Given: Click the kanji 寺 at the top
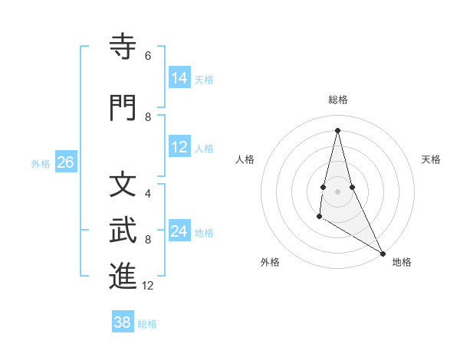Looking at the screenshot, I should pos(123,47).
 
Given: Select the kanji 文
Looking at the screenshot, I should pos(123,184).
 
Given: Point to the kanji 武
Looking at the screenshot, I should pos(123,230).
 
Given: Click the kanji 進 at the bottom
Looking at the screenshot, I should pos(123,277).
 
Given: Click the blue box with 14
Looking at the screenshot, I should pos(179,78).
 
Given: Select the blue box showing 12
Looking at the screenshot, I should pos(179,147).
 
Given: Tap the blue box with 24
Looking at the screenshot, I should pos(179,231).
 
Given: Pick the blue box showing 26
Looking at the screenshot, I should pos(65,162).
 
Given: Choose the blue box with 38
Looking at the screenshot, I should pos(123,322).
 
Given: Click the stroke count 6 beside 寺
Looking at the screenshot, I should pos(148,56).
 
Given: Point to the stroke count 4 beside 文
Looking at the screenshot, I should pos(148,194).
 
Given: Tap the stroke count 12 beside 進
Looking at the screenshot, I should pos(148,286).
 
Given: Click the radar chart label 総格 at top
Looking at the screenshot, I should pos(337,100).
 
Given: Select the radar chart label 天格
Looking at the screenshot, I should pos(431,159).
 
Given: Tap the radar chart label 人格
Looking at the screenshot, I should pos(245,159).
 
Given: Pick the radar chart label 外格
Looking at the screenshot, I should pos(269,262).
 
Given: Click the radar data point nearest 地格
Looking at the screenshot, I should pos(383,254).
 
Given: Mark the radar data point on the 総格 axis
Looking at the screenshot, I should pos(337,130).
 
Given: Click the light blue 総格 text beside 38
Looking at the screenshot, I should pos(147,324).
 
